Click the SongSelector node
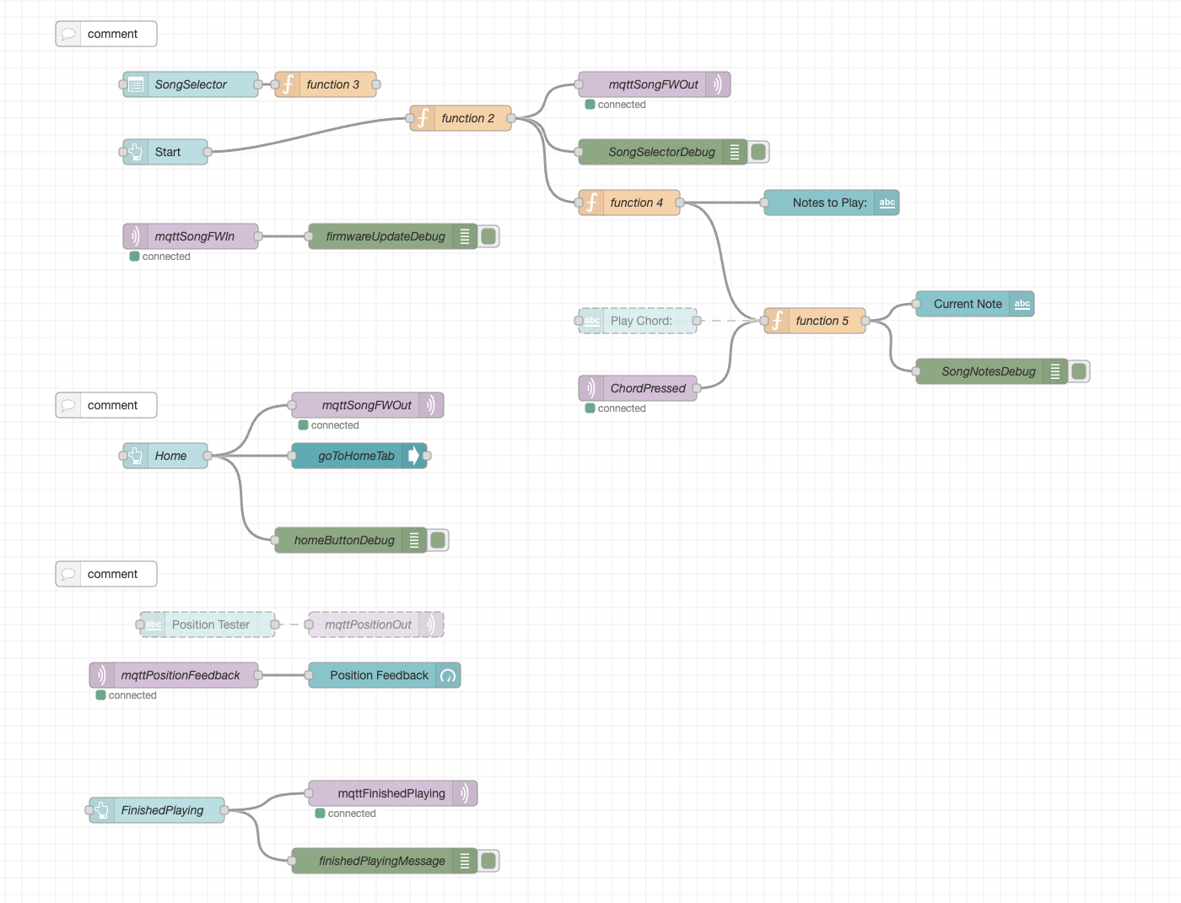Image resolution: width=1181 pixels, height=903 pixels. [191, 84]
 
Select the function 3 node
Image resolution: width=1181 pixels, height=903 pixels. [332, 84]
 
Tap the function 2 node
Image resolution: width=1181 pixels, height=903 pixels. [467, 118]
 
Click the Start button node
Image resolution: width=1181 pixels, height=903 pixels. [167, 152]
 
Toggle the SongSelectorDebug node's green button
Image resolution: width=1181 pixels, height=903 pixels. [758, 152]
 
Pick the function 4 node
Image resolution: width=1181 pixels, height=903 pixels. [636, 203]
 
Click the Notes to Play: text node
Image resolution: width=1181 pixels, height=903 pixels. [829, 203]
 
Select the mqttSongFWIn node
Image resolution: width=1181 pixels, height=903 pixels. [194, 236]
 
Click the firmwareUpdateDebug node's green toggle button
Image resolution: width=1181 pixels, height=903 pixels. [488, 236]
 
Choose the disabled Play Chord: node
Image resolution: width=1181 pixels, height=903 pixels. [641, 321]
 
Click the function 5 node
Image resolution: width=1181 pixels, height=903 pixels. [822, 321]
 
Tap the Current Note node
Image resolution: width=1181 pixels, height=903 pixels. [968, 304]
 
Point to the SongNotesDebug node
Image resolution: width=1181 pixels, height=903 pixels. [988, 371]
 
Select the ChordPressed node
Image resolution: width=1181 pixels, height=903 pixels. [647, 388]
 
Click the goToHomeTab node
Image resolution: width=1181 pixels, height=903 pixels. [356, 456]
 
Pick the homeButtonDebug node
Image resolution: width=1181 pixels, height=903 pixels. [344, 540]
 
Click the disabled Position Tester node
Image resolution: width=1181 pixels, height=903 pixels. [210, 625]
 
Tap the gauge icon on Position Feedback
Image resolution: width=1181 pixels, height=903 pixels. [448, 675]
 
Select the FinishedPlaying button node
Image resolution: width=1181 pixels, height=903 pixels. [162, 810]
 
